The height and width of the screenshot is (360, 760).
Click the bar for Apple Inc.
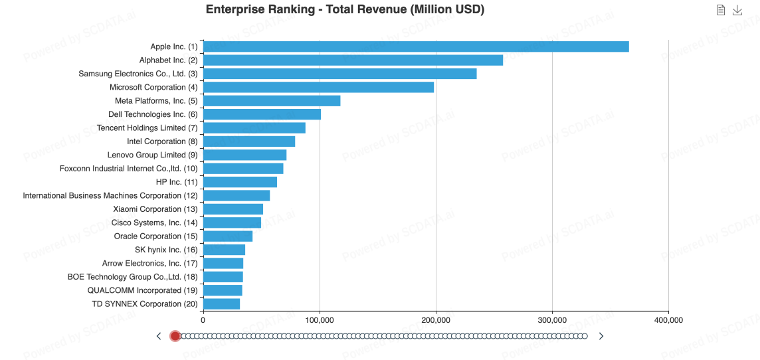416,46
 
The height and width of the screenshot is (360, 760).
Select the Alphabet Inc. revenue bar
353,60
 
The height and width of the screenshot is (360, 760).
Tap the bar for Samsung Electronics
339,74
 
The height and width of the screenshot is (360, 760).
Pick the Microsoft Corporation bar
318,87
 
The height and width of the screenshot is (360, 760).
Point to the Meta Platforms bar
272,101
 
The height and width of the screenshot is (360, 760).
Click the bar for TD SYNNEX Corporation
221,304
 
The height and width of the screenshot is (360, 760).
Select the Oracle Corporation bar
228,236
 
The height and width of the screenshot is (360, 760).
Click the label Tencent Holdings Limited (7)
147,128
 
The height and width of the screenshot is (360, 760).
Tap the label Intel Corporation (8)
162,141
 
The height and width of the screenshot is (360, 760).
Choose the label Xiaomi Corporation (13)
155,209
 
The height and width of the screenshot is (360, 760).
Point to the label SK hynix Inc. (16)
166,250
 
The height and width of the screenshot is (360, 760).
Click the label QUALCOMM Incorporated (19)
142,290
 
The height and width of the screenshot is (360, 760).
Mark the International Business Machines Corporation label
110,196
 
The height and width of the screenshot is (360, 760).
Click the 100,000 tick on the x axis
320,320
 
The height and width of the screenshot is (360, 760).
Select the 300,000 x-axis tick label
552,320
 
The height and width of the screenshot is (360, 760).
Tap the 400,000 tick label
668,320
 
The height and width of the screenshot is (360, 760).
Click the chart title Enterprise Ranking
345,10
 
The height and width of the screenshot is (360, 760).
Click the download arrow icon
737,10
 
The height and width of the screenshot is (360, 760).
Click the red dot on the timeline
175,336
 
